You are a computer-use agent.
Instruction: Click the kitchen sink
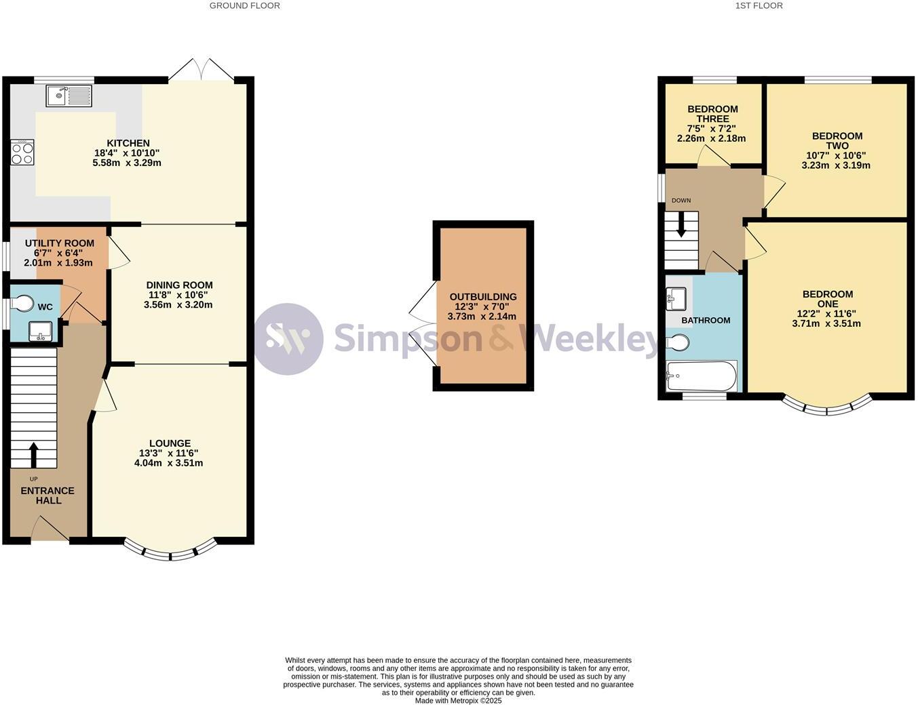[x=69, y=96]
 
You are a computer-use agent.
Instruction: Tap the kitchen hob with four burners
[x=22, y=152]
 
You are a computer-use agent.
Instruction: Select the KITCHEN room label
[x=128, y=143]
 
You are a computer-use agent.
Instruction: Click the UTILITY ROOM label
[x=60, y=243]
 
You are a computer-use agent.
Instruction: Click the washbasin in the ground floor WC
[x=41, y=331]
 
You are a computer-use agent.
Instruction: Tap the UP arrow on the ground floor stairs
[x=33, y=455]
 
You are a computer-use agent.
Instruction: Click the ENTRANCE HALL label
[x=47, y=496]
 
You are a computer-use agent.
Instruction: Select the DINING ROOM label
[x=179, y=285]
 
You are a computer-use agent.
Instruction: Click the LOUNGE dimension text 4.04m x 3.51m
[x=169, y=464]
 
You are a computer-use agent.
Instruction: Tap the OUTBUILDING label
[x=483, y=297]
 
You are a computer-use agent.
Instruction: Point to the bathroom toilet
[x=678, y=343]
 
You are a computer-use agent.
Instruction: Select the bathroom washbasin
[x=676, y=298]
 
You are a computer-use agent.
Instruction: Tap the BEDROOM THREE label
[x=712, y=114]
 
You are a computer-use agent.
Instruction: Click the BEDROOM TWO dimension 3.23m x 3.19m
[x=836, y=165]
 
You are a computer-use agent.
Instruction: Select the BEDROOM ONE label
[x=828, y=299]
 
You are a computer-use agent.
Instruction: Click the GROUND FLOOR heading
[x=244, y=5]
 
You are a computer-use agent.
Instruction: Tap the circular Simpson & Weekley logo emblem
[x=288, y=338]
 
